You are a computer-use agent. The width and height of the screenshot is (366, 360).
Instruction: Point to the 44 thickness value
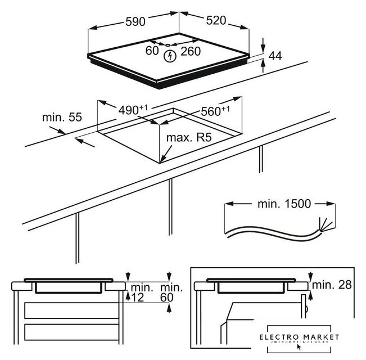(275, 56)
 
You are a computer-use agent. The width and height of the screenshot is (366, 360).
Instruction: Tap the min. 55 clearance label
(62, 118)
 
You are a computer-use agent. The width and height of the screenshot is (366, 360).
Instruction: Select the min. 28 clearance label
(333, 285)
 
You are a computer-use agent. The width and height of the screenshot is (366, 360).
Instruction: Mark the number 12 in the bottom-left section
(138, 298)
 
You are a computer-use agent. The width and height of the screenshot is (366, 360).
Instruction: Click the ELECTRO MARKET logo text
(299, 337)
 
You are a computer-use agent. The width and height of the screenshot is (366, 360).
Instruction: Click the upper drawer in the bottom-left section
(70, 312)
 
